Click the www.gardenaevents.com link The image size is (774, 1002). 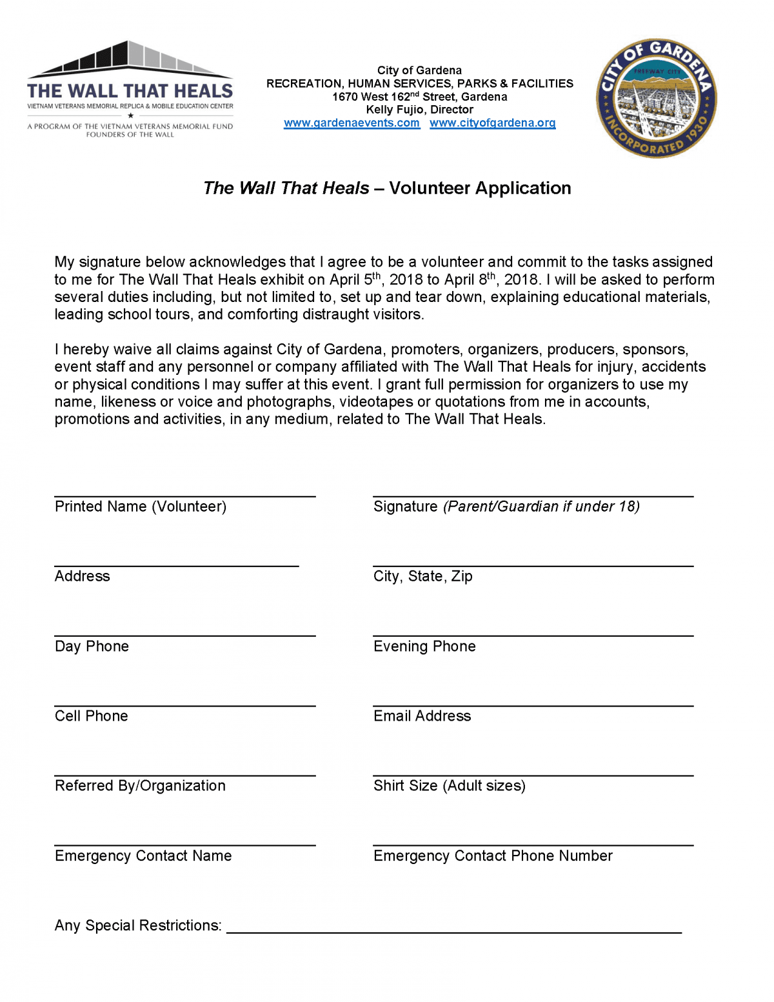(x=352, y=123)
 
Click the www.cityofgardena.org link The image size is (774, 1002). (x=492, y=123)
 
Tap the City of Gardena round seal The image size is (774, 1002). (x=656, y=98)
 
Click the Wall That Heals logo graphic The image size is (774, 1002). (x=130, y=89)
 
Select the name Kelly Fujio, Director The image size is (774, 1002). (x=419, y=110)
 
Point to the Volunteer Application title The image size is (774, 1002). (x=387, y=188)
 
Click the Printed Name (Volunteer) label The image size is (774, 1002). (x=141, y=506)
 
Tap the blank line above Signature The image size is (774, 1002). (x=533, y=496)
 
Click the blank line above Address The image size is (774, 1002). (x=176, y=566)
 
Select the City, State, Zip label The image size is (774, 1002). (x=422, y=576)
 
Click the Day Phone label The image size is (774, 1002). (x=92, y=646)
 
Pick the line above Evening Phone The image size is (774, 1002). (x=533, y=636)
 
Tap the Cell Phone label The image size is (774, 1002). (x=91, y=716)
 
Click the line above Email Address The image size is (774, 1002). (x=533, y=706)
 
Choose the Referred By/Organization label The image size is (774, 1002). (x=140, y=786)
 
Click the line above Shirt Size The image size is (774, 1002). (x=533, y=776)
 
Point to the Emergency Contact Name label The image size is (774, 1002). (x=143, y=856)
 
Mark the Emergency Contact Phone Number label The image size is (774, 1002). (x=493, y=856)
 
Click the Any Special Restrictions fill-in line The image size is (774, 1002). (x=453, y=932)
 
